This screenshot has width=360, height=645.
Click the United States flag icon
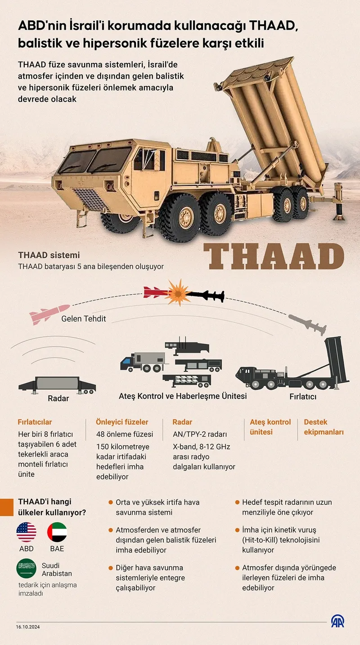[x=27, y=532]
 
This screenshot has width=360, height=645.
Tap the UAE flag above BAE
[x=57, y=532]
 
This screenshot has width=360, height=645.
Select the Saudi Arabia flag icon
[x=27, y=569]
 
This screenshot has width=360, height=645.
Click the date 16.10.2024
[x=28, y=627]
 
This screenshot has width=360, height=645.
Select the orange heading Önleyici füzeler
[x=122, y=422]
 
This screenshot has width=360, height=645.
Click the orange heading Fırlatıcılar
[x=35, y=422]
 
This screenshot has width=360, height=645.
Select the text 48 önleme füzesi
[x=125, y=434]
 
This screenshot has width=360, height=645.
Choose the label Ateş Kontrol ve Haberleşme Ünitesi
[x=183, y=396]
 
